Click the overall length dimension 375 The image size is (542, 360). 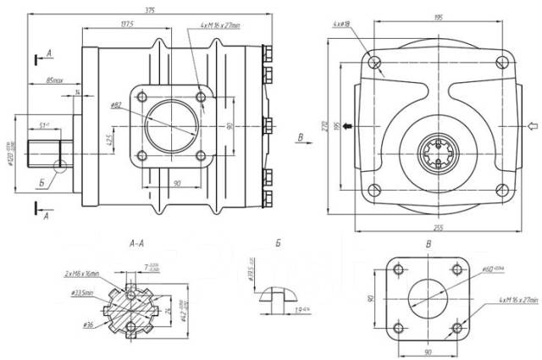point(150,9)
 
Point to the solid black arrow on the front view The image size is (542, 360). point(348,126)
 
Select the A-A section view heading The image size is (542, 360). point(135,243)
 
